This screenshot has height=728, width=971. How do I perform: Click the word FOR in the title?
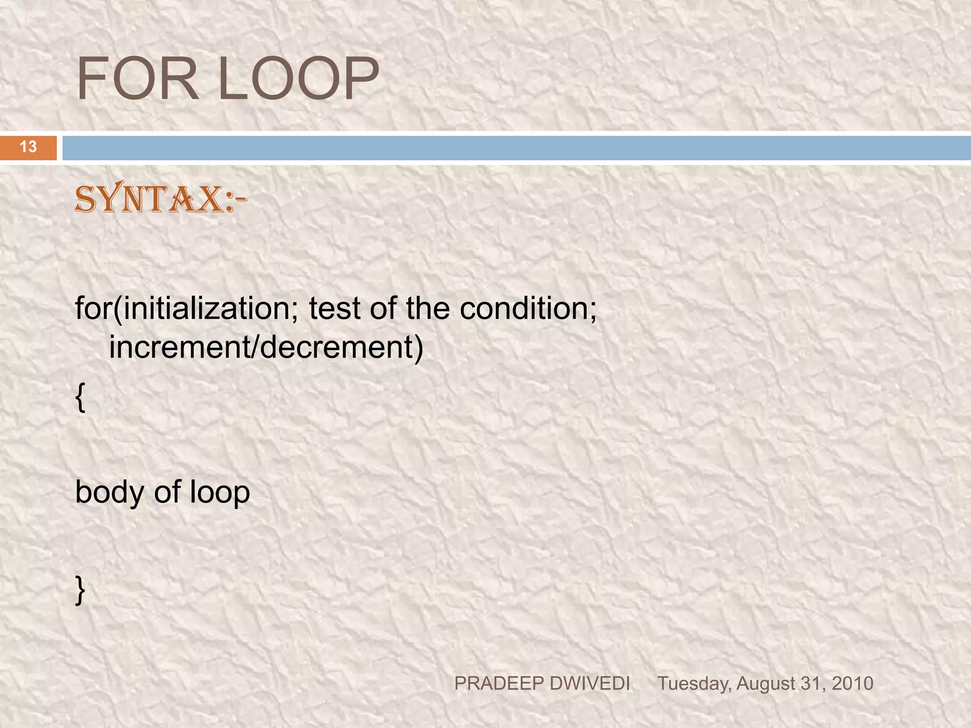point(137,79)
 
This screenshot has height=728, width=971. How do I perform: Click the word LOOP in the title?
point(298,79)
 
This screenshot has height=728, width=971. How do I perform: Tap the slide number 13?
point(28,147)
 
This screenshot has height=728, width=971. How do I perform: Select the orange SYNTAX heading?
point(160,199)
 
